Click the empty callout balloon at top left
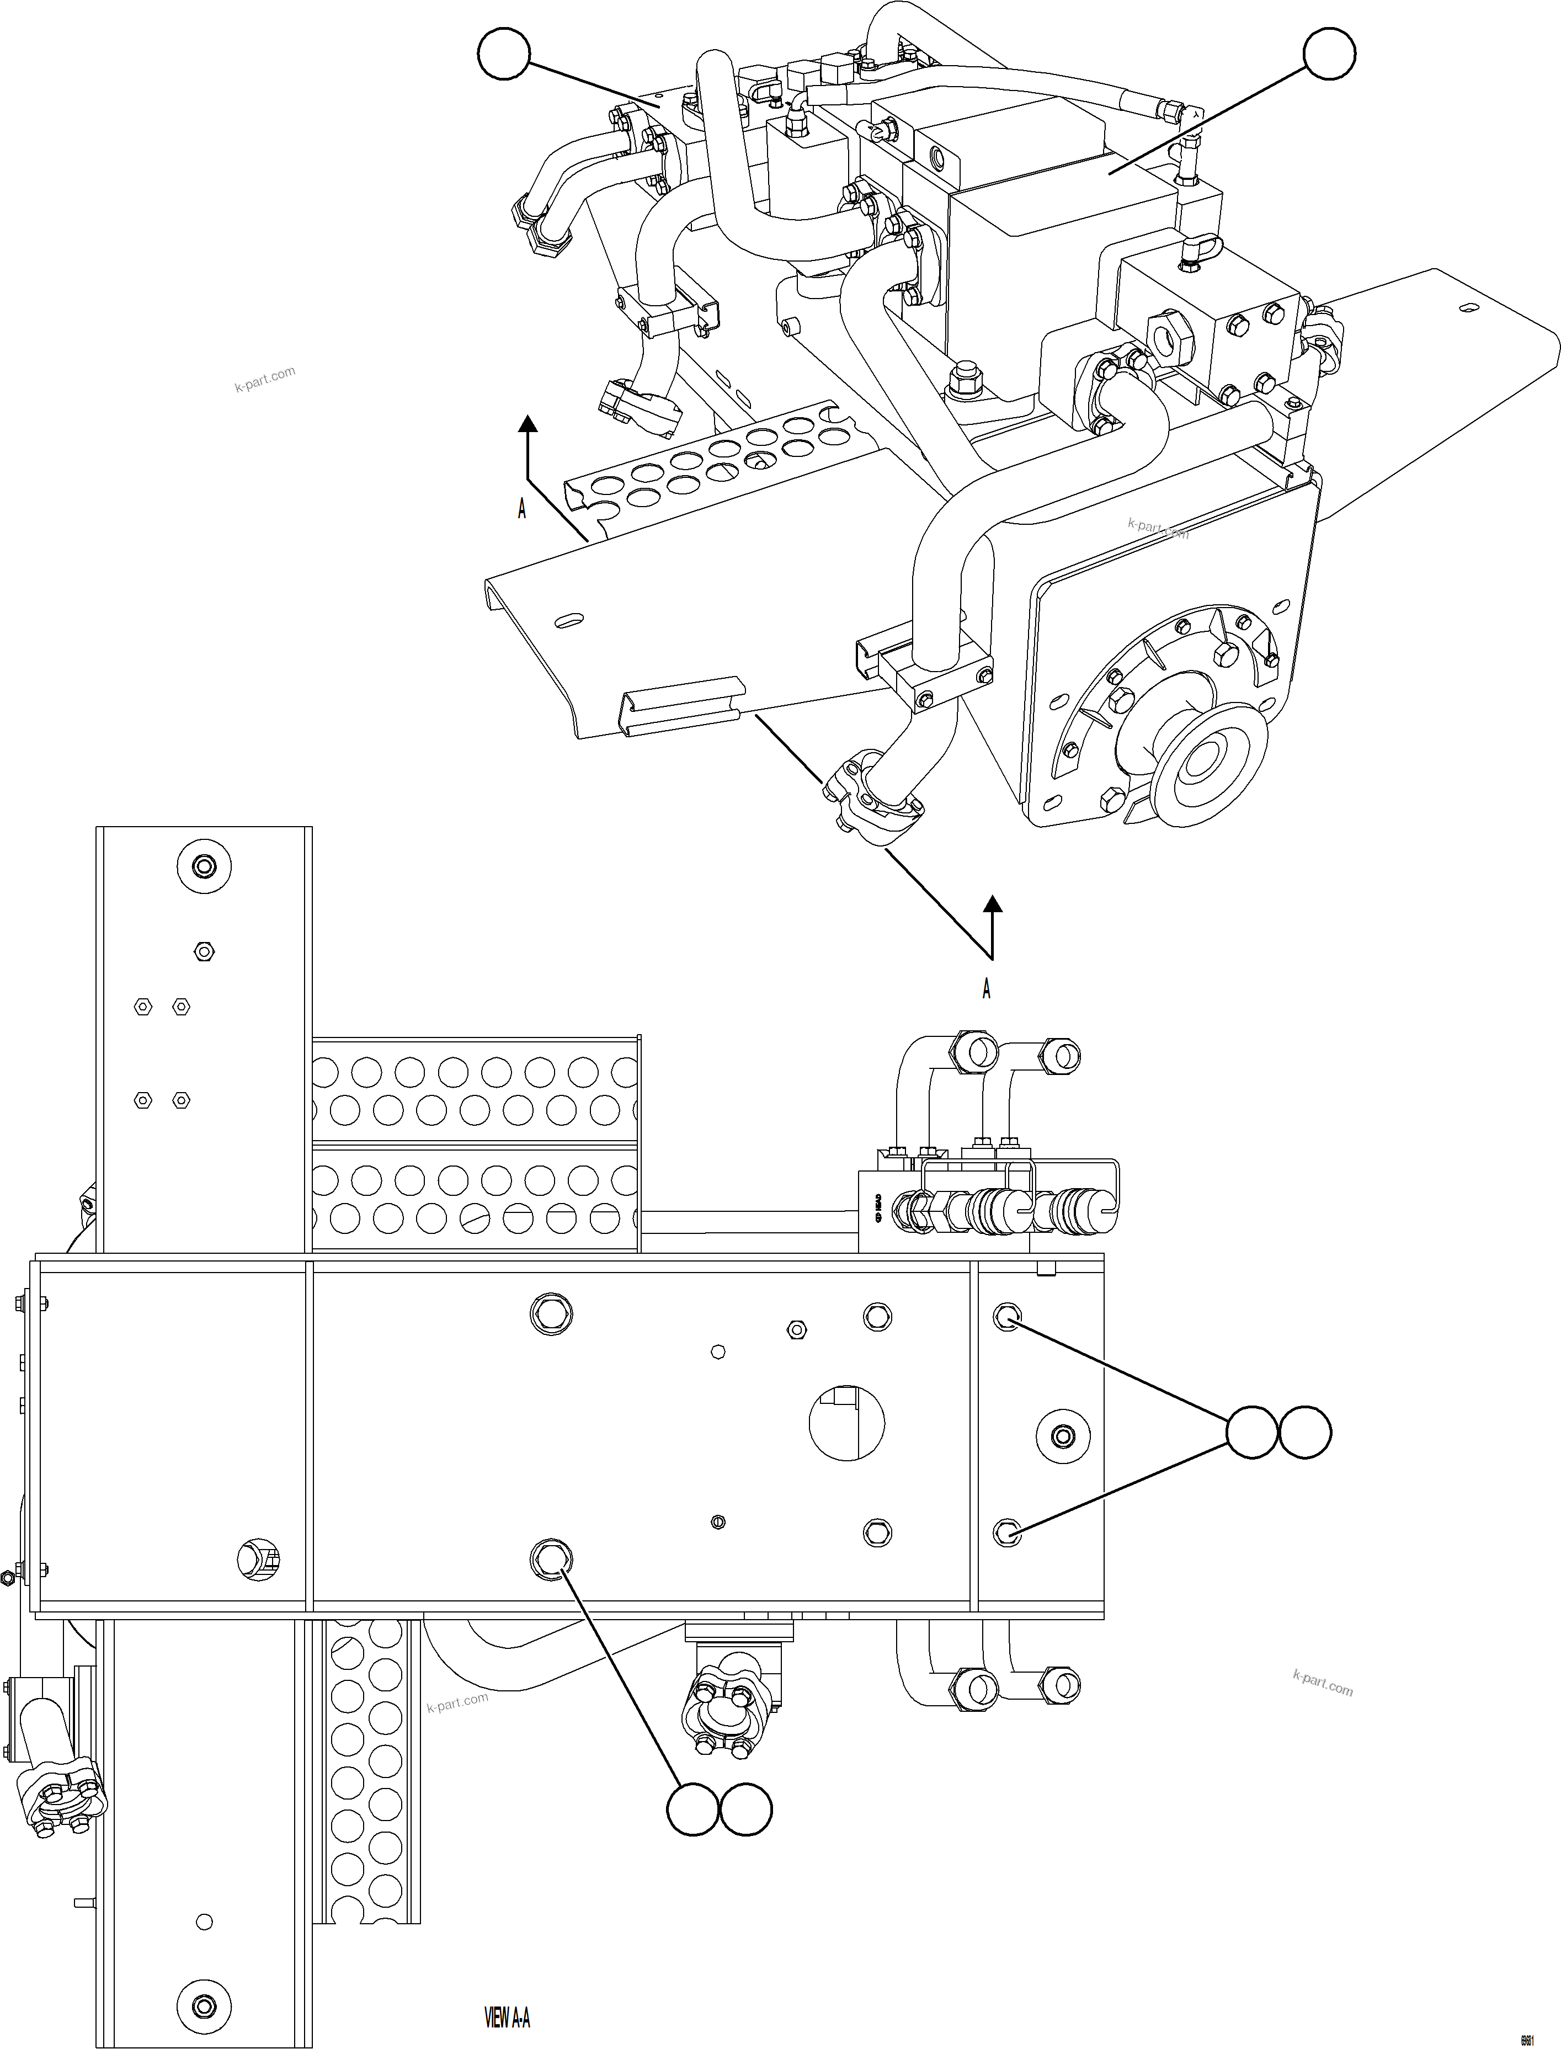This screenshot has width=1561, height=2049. tap(504, 54)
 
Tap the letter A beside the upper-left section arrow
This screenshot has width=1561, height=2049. tap(522, 509)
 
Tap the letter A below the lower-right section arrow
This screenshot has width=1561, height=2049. tap(987, 989)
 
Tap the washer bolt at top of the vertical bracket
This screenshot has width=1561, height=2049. tap(204, 867)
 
